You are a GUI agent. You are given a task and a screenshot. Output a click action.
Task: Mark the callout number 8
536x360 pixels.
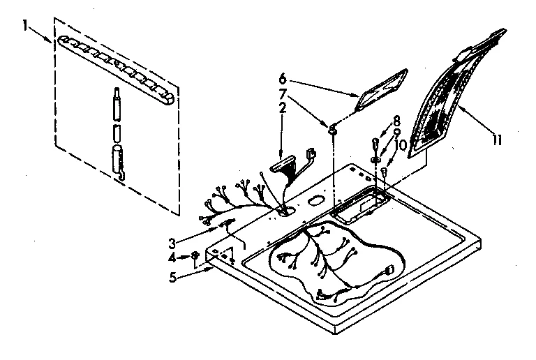pyautogui.click(x=396, y=119)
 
